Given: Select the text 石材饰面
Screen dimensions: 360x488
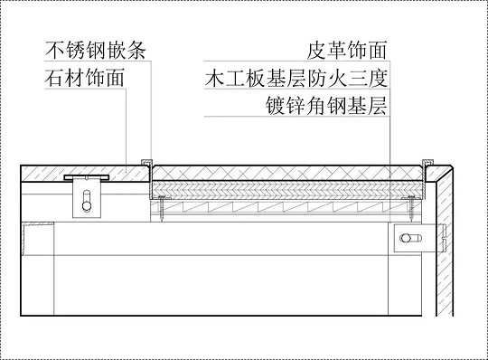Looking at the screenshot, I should [84, 78].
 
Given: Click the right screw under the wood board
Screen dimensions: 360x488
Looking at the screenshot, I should [412, 212].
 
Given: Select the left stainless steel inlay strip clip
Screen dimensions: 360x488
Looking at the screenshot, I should [145, 161].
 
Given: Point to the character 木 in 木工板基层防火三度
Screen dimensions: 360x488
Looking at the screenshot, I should [214, 78].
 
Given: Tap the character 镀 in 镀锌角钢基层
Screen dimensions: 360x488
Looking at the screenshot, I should [267, 108].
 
